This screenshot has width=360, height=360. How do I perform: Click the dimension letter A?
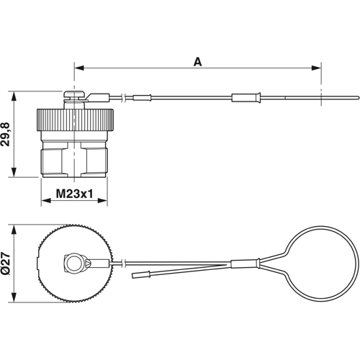[x=197, y=62]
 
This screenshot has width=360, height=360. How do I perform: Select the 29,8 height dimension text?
[x=6, y=134]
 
